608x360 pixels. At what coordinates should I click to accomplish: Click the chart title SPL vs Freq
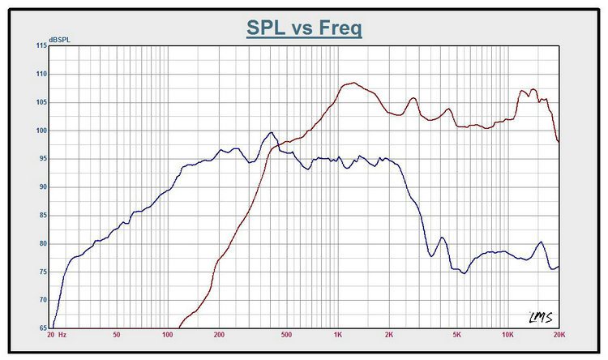pyautogui.click(x=304, y=28)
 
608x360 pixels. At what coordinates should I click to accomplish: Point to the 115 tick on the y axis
pyautogui.click(x=40, y=45)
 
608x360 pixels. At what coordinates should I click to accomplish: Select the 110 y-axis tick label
pyautogui.click(x=40, y=74)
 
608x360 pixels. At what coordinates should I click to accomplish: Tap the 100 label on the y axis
pyautogui.click(x=40, y=131)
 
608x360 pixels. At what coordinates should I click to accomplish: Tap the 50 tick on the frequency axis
pyautogui.click(x=117, y=335)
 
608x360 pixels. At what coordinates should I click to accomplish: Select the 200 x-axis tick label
pyautogui.click(x=219, y=335)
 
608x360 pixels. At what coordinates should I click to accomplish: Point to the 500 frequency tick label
pyautogui.click(x=286, y=335)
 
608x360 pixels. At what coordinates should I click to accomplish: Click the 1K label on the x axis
pyautogui.click(x=337, y=335)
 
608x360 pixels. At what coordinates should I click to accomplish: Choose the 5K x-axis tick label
pyautogui.click(x=456, y=335)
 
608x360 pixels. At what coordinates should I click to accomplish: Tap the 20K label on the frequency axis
pyautogui.click(x=558, y=335)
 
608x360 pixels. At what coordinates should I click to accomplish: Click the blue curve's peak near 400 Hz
pyautogui.click(x=272, y=133)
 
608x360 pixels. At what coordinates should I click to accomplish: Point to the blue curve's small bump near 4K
pyautogui.click(x=442, y=238)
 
